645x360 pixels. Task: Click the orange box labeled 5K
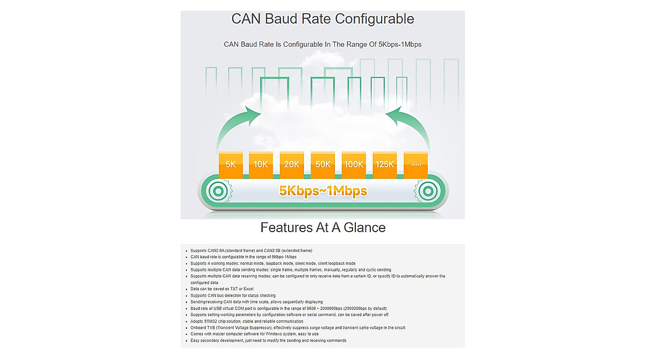(231, 165)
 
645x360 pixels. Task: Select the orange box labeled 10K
(261, 165)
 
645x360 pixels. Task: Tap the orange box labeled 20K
(292, 165)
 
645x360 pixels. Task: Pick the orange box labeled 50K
(323, 165)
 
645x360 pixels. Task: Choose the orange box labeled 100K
(354, 165)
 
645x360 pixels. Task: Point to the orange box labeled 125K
(385, 165)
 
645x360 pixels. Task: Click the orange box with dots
(416, 165)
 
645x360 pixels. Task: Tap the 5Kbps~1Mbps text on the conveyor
(323, 191)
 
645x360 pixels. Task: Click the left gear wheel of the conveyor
(219, 191)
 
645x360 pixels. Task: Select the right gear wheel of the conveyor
(428, 191)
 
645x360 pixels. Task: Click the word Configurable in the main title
(374, 19)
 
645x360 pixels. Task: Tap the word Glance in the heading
(364, 228)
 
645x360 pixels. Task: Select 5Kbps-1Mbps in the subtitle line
(400, 44)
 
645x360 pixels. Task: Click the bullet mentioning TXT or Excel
(221, 289)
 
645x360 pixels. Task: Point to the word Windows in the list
(274, 334)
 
